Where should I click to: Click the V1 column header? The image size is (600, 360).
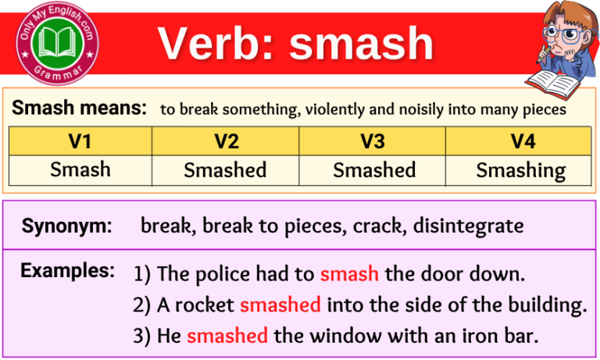pos(80,141)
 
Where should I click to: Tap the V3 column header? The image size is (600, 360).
pos(373,141)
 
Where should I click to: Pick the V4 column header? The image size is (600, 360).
pos(521,141)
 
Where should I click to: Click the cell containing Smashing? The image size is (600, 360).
pos(521,169)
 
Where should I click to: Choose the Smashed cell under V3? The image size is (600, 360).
pos(373,169)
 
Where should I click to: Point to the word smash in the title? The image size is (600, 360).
pos(362,44)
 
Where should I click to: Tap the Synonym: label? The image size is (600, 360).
pos(66,226)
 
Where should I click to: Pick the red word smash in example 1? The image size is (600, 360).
pos(349,274)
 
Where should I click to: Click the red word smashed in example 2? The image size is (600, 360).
pos(280,305)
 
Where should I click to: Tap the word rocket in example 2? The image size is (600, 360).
pos(205,305)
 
